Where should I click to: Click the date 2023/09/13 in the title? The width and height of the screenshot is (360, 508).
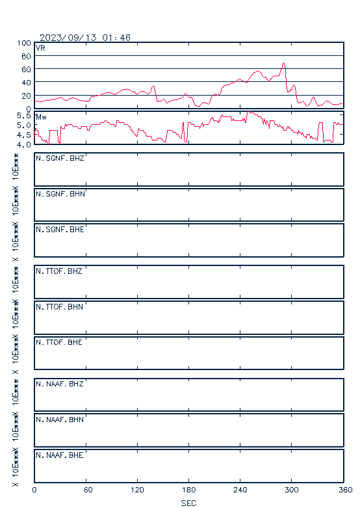click(x=68, y=38)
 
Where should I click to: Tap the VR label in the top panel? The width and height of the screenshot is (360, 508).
click(x=40, y=48)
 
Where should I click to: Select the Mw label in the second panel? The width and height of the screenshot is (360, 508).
click(x=41, y=117)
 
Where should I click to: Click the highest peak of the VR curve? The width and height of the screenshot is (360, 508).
click(x=283, y=63)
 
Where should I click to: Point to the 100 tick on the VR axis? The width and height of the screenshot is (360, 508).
click(x=24, y=43)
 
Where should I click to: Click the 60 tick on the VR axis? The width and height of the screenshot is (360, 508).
click(x=26, y=70)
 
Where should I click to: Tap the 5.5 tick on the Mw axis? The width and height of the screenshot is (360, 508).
click(x=23, y=116)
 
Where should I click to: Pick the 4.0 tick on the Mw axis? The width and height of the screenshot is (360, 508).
click(x=23, y=144)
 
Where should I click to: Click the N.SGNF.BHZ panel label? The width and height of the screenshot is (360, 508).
click(x=60, y=158)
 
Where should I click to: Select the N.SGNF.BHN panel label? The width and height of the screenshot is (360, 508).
click(x=60, y=194)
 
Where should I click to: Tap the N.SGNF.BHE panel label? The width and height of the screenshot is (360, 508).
click(x=60, y=230)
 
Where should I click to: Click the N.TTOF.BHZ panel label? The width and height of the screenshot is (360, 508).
click(x=59, y=271)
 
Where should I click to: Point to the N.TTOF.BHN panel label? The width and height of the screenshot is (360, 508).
click(x=59, y=306)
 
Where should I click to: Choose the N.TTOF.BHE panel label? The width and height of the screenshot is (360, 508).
click(x=59, y=342)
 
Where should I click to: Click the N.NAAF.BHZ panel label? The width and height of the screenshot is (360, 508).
click(x=60, y=384)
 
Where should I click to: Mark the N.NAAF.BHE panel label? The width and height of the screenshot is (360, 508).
click(x=60, y=455)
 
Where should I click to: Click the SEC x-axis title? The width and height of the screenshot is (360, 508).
click(x=188, y=503)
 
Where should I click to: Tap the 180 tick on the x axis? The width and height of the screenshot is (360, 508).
click(x=188, y=490)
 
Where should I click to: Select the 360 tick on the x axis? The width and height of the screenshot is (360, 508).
click(x=345, y=490)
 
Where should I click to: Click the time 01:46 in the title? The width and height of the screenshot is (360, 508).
click(x=116, y=38)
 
